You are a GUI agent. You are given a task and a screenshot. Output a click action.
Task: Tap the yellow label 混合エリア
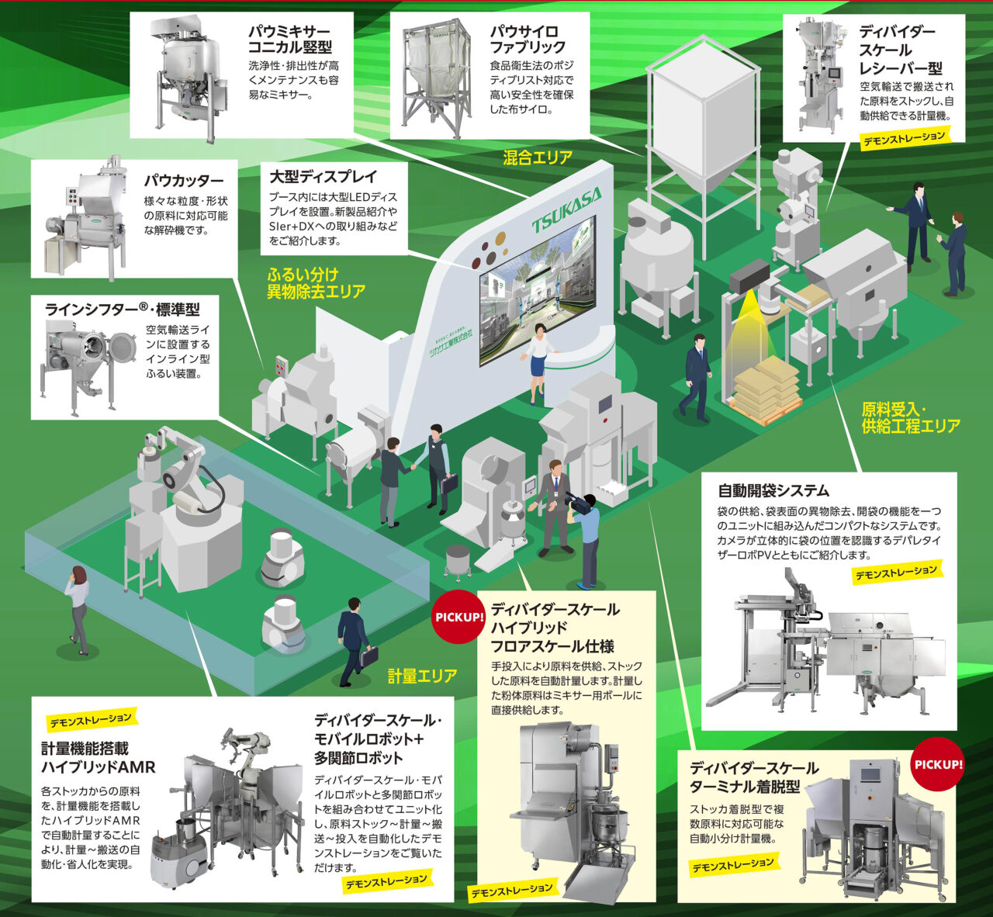click(538, 157)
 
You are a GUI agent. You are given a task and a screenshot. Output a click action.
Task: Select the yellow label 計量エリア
click(422, 676)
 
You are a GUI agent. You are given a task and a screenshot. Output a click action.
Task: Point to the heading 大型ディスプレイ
click(323, 176)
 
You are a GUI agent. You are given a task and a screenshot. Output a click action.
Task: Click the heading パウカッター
click(183, 181)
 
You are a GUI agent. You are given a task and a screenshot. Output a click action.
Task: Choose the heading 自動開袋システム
click(773, 490)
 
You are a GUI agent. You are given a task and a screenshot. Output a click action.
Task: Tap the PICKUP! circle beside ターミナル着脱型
click(938, 764)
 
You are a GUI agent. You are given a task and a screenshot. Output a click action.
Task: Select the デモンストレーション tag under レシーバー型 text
click(905, 139)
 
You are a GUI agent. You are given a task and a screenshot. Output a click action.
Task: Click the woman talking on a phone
click(78, 607)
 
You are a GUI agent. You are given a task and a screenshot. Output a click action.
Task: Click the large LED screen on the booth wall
click(537, 287)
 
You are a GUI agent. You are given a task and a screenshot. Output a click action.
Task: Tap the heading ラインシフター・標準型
click(122, 310)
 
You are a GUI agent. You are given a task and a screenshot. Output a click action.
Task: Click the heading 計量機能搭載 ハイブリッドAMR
click(98, 758)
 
